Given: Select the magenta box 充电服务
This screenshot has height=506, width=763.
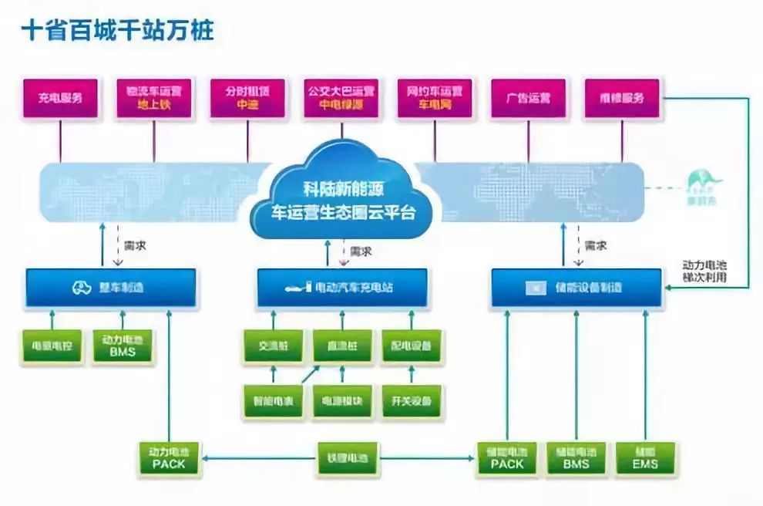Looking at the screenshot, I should [x=60, y=98].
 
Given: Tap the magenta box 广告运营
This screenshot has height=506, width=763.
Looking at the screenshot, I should [x=528, y=98].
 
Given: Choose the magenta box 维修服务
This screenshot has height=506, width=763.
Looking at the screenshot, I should [x=621, y=98].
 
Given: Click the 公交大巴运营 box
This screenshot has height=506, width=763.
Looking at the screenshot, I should [x=341, y=98].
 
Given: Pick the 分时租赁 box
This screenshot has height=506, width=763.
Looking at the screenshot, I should [x=247, y=98].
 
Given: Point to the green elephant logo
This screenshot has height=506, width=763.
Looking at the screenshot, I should [x=702, y=186].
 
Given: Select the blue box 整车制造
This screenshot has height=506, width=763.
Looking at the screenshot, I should [x=111, y=288].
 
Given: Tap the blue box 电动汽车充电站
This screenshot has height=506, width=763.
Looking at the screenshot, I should [x=341, y=288].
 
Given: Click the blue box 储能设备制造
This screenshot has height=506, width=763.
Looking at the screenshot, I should [x=576, y=288].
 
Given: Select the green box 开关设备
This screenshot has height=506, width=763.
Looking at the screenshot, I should [x=412, y=400].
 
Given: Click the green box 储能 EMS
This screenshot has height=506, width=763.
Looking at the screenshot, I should [x=645, y=457].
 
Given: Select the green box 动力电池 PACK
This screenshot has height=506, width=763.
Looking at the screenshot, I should [x=169, y=457].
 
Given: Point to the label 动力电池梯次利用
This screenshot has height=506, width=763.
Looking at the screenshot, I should [x=705, y=271].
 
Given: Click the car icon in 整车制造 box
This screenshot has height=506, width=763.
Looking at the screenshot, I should [x=81, y=288].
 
